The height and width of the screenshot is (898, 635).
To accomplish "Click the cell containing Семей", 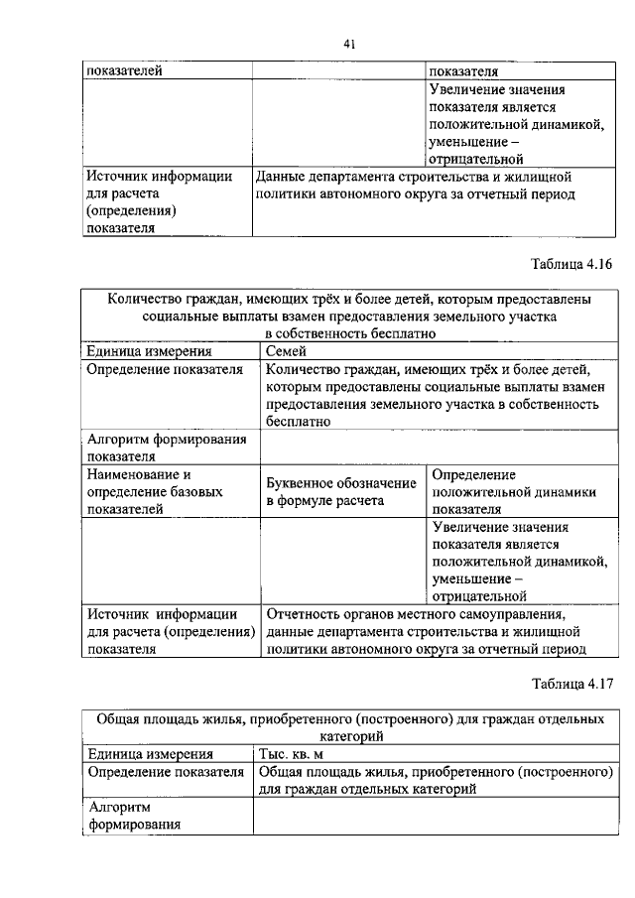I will [287, 351].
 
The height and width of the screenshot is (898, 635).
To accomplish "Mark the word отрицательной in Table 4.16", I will [477, 595].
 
